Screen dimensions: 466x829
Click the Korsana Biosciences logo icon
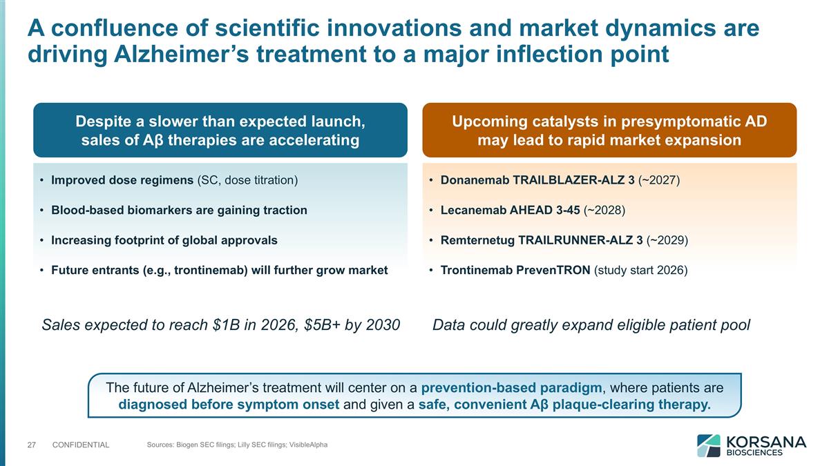(708, 445)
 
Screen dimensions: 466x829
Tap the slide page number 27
(31, 445)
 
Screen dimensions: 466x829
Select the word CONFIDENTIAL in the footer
(81, 445)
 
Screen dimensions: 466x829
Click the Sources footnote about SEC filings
(237, 445)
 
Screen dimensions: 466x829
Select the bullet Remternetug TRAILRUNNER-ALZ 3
(564, 240)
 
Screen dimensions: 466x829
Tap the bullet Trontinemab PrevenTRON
(563, 270)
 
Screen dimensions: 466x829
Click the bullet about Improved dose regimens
(174, 181)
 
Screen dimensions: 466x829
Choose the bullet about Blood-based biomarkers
(179, 210)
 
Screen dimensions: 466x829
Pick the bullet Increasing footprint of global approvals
(164, 240)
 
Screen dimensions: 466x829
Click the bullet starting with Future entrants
(219, 270)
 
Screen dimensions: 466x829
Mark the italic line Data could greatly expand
(591, 324)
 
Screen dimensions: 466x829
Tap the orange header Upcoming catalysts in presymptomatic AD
(609, 130)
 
